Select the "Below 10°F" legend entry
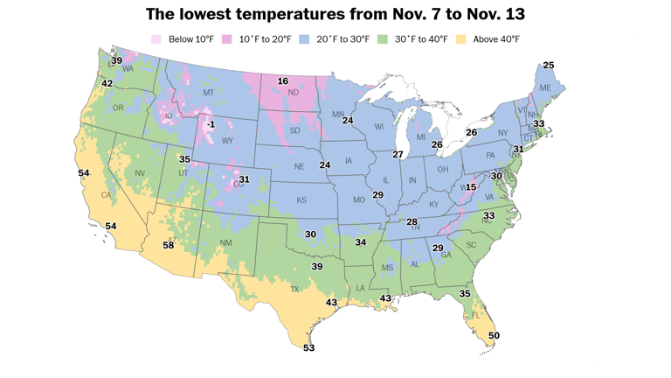click(x=179, y=39)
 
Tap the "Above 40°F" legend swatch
click(x=465, y=39)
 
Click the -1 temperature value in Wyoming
click(x=211, y=125)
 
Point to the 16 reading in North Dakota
click(x=282, y=81)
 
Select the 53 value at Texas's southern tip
click(x=308, y=347)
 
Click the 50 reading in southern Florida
click(x=494, y=335)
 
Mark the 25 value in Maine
click(x=549, y=66)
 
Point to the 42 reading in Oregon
click(x=107, y=83)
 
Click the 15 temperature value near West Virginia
click(x=471, y=187)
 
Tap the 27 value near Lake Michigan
click(x=398, y=154)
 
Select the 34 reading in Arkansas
click(x=360, y=241)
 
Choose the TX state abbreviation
click(x=294, y=289)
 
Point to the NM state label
click(x=225, y=242)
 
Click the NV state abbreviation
click(x=139, y=173)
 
